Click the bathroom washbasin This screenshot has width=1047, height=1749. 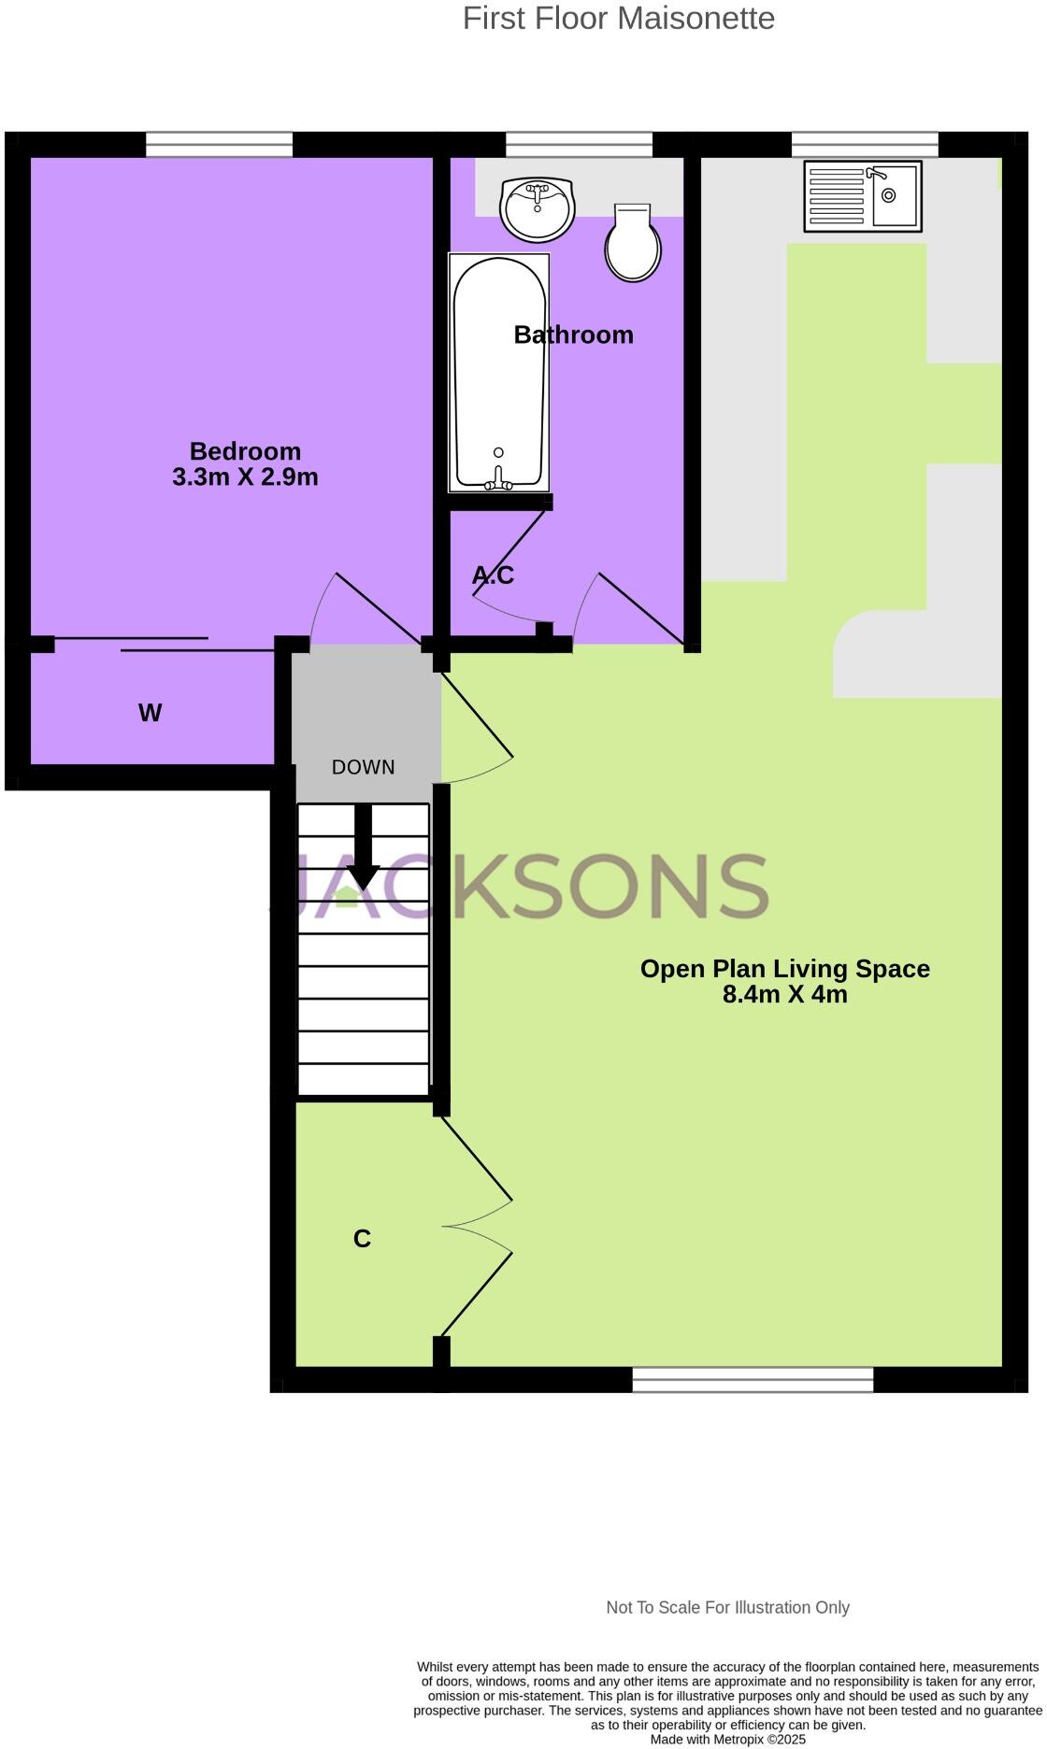tap(537, 207)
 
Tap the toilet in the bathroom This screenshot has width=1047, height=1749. tap(633, 244)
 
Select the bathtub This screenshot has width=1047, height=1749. tap(499, 372)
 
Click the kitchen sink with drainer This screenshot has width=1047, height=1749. tap(862, 196)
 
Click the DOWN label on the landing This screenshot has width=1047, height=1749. tap(364, 767)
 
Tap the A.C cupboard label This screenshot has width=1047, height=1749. tap(493, 576)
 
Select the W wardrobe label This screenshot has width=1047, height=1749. tap(150, 713)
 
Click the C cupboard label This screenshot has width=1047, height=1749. tap(362, 1239)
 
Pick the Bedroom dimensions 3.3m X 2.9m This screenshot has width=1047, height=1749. tap(245, 477)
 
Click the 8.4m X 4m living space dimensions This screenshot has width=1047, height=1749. tap(784, 994)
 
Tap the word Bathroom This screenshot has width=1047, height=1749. tap(573, 334)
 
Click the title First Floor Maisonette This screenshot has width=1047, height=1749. tap(618, 18)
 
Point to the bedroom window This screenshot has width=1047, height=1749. tap(219, 145)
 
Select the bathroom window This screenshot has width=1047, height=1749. tap(579, 145)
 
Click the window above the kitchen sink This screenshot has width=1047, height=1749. tap(864, 145)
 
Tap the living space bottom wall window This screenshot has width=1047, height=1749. tap(753, 1379)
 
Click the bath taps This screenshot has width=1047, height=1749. tap(498, 481)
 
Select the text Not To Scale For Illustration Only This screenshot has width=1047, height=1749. tap(727, 1608)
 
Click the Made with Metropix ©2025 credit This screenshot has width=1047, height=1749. tap(727, 1740)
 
